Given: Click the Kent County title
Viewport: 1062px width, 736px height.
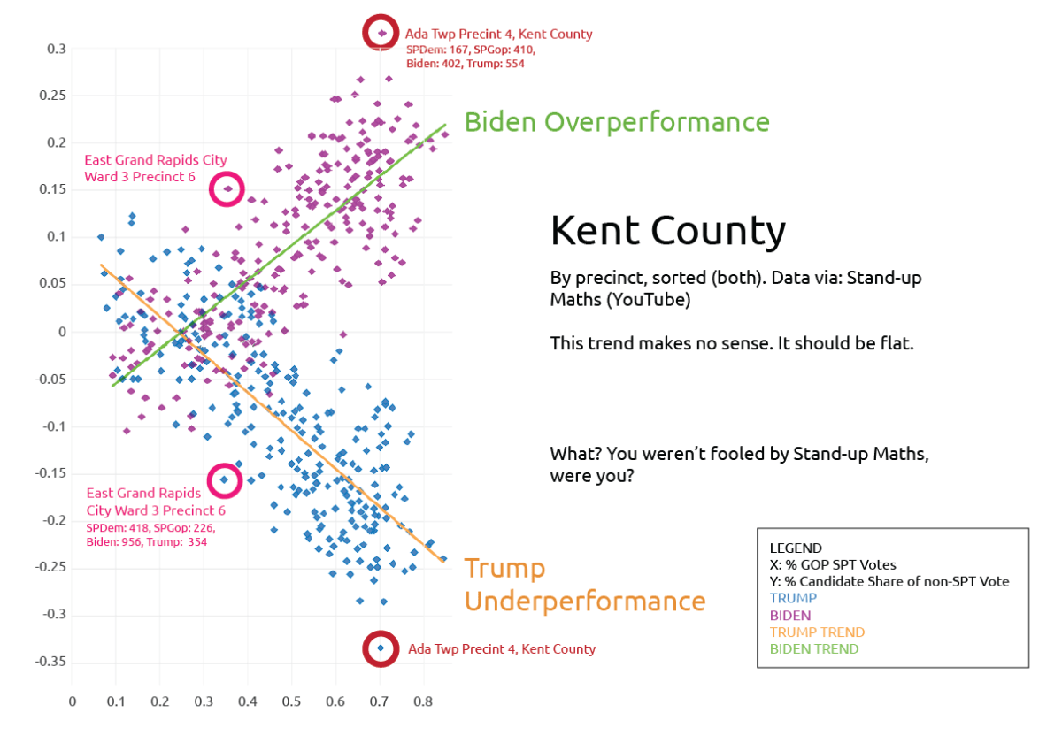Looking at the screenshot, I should [x=667, y=231].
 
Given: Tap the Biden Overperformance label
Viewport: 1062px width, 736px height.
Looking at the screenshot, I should [x=616, y=122].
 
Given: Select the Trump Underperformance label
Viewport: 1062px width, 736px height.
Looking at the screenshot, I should [x=584, y=585].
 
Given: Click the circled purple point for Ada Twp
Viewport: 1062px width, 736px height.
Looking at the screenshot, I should [x=381, y=33].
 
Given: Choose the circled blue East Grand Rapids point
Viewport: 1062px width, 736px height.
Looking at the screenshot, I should [x=225, y=479].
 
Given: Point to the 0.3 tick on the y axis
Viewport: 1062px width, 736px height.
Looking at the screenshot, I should [x=57, y=49].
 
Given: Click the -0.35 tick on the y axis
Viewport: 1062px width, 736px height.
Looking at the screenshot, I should [x=51, y=662].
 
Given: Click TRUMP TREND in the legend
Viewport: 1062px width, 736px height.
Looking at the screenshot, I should [x=817, y=632].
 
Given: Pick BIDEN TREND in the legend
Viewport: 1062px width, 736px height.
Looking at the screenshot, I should [x=813, y=649].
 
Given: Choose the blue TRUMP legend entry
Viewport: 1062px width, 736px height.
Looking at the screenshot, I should [x=794, y=599].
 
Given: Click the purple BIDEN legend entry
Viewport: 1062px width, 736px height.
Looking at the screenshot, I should [x=790, y=616].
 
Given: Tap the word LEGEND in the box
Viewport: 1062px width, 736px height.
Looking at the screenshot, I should [x=796, y=548].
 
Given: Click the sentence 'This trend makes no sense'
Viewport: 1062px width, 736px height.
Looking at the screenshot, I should [x=730, y=343].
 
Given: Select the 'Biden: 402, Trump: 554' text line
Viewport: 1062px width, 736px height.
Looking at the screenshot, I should [x=466, y=64].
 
